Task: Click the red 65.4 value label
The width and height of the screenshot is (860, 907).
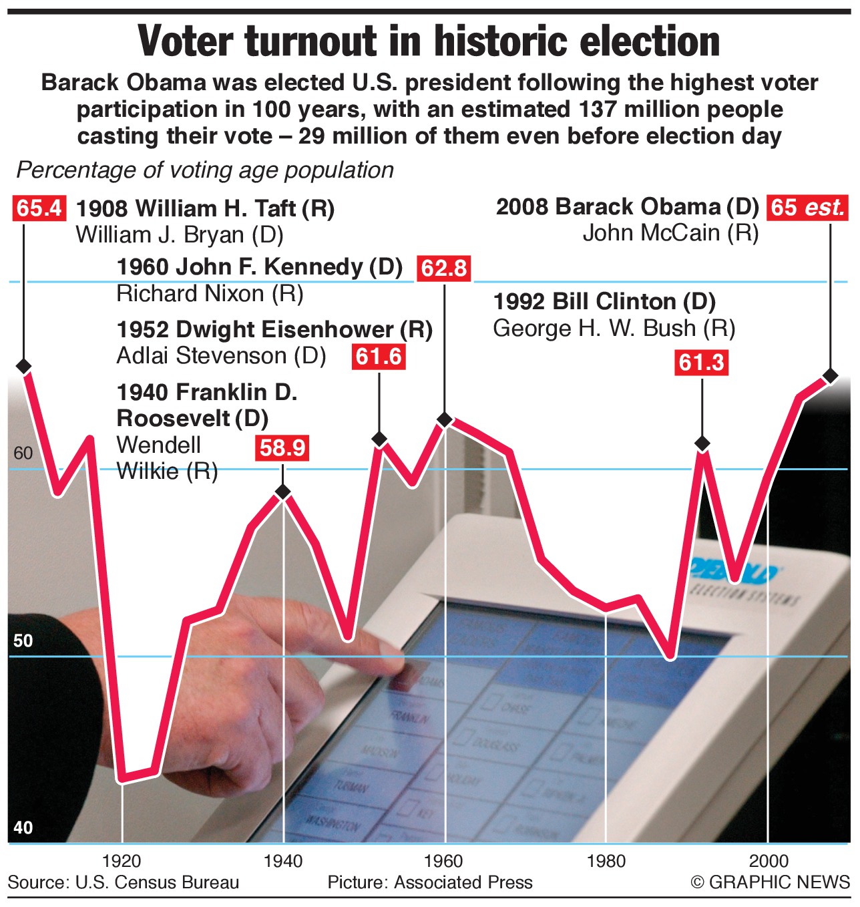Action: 39,208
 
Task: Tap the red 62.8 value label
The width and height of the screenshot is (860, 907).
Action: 444,268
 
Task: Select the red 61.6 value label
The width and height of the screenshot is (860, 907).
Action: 379,357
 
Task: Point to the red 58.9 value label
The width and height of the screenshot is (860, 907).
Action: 282,447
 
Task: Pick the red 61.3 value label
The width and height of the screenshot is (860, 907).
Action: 701,362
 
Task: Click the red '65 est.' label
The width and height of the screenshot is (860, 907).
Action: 807,207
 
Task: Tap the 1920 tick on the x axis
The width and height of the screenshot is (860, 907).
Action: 122,861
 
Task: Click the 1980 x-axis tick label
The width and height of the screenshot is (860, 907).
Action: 606,861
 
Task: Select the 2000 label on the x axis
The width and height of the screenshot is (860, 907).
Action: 768,861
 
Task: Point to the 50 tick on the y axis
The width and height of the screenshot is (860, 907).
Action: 23,641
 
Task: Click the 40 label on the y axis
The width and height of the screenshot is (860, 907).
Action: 23,828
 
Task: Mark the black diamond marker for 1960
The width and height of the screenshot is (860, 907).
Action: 445,419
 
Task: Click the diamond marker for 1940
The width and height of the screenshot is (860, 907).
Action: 283,492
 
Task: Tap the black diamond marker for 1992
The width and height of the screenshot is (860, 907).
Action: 702,443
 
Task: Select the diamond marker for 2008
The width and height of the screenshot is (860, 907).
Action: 830,376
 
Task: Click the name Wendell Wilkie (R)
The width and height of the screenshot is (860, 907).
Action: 167,458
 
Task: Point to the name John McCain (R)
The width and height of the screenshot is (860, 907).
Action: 670,233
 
